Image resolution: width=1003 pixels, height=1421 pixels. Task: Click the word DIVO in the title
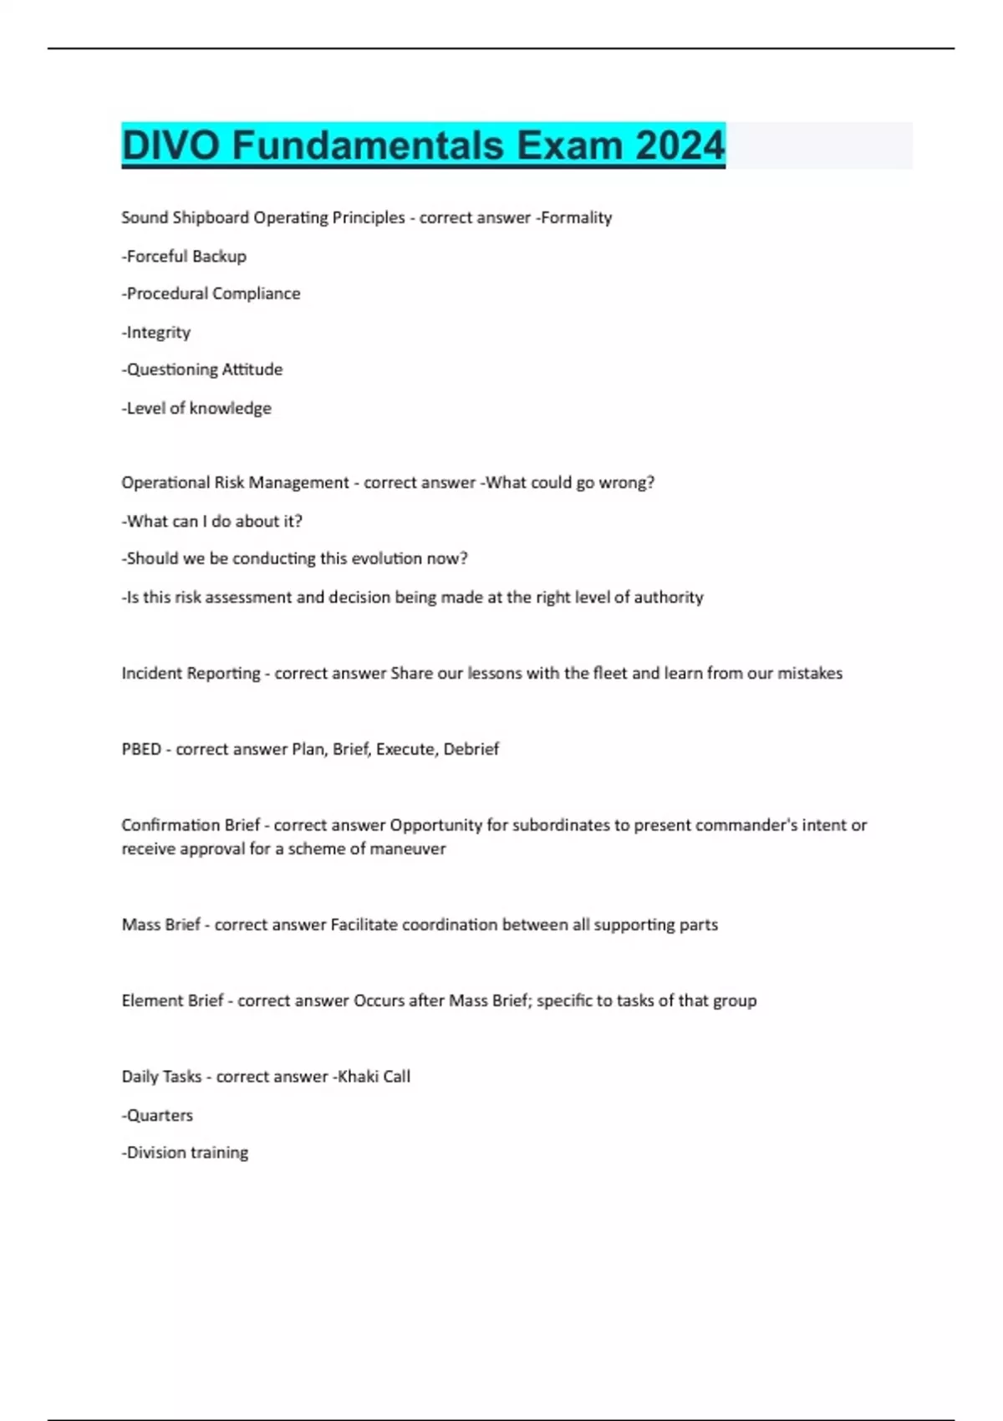[x=171, y=145]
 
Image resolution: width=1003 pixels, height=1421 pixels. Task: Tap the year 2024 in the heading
[x=680, y=145]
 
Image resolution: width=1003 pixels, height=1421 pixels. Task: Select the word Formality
[x=576, y=218]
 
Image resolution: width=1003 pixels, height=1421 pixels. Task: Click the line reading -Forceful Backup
[x=184, y=257]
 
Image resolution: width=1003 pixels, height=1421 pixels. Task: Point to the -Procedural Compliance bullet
[x=211, y=294]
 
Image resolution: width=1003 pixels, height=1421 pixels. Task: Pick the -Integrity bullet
[x=156, y=333]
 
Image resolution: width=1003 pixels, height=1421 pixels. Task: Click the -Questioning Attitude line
[x=202, y=369]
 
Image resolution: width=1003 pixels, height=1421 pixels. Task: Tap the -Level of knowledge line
[x=196, y=409]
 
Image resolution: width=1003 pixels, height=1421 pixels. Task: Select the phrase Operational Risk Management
[x=235, y=483]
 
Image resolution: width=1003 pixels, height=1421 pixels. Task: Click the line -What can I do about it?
[x=211, y=522]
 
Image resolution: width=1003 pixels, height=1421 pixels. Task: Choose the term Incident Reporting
[x=191, y=674]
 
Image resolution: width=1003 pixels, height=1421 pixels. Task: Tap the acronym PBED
[x=141, y=749]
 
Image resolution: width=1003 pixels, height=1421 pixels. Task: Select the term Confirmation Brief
[x=191, y=825]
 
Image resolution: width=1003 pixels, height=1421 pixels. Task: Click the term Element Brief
[x=172, y=1001]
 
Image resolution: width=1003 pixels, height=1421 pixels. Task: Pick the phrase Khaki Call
[x=374, y=1077]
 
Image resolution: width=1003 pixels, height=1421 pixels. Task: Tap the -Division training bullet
[x=185, y=1153]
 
